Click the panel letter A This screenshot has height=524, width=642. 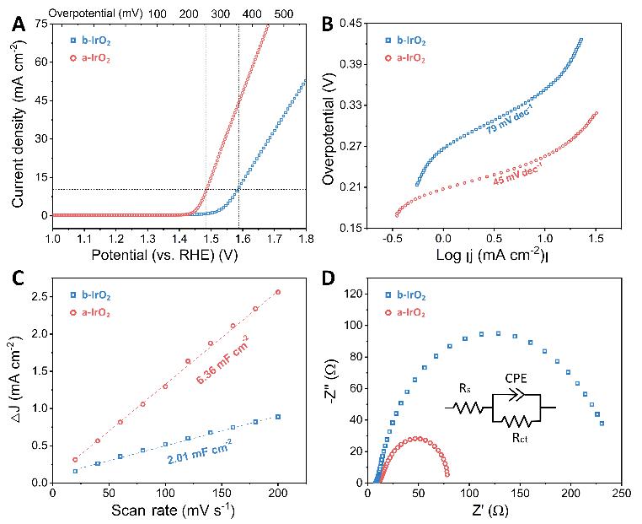(x=18, y=25)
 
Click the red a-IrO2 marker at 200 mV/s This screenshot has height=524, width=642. (x=278, y=292)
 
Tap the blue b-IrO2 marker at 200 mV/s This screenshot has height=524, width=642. (x=278, y=417)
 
